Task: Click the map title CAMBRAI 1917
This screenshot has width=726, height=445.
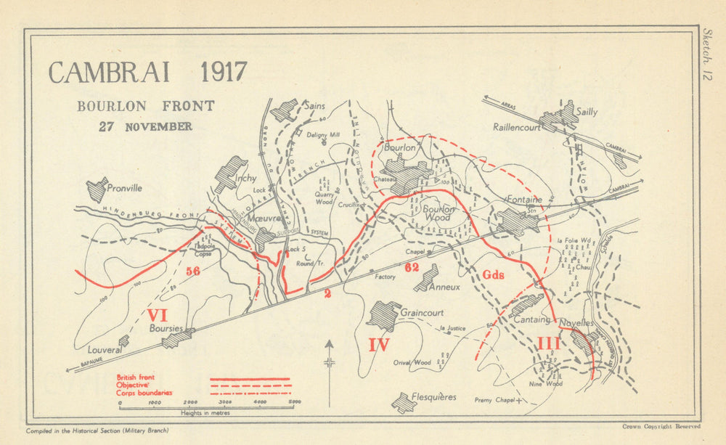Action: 148,73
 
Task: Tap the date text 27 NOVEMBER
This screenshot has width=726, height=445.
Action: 146,126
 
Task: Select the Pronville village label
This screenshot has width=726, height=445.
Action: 124,188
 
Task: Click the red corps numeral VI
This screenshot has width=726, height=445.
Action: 158,315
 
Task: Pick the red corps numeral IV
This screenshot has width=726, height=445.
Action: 378,345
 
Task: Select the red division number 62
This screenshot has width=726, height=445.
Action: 412,267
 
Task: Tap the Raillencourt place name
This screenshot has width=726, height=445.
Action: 518,126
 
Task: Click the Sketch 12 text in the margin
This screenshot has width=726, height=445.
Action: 708,54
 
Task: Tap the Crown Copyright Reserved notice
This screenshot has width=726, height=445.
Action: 661,427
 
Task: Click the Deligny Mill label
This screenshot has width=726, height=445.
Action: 322,135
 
